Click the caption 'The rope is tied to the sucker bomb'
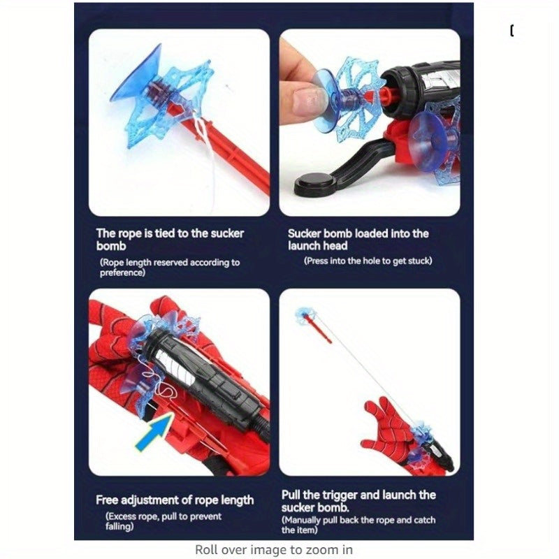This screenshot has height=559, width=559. [170, 240]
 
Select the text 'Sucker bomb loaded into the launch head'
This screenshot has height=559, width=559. [358, 240]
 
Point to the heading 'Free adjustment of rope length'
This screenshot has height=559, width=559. [175, 500]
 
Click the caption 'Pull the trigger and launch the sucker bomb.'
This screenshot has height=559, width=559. [358, 501]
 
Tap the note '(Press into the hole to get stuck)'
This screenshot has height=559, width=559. [368, 261]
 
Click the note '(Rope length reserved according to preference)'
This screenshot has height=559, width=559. [170, 268]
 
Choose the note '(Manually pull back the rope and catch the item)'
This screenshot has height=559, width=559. [358, 525]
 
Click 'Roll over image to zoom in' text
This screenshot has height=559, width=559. [274, 549]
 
